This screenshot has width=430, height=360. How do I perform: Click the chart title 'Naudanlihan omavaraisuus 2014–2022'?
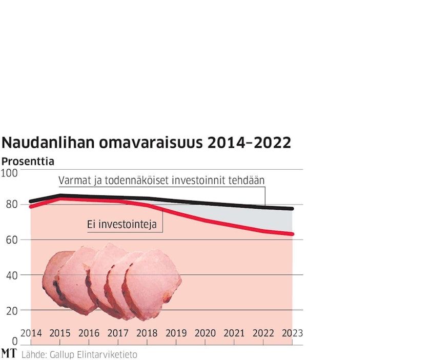click(x=147, y=143)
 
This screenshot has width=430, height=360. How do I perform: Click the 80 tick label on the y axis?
click(x=12, y=205)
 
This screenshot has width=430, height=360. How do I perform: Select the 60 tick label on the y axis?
click(x=12, y=240)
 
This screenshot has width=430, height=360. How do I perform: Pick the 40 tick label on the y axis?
click(x=12, y=275)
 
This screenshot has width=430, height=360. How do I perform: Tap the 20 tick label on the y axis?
click(x=12, y=310)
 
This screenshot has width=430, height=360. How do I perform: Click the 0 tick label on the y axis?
click(x=15, y=341)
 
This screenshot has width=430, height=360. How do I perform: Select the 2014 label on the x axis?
click(x=31, y=333)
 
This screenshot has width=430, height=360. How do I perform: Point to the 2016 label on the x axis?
click(x=89, y=333)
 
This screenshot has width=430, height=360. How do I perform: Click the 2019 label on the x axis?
click(x=176, y=333)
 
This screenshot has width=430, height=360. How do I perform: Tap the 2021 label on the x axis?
click(x=234, y=333)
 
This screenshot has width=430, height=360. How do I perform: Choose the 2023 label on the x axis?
click(x=292, y=333)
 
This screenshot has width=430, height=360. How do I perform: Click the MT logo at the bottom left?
click(x=8, y=353)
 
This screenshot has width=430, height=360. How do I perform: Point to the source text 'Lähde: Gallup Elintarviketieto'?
click(x=79, y=354)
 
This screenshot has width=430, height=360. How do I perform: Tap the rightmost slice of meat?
click(x=154, y=282)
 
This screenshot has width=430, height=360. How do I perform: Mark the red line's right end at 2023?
click(x=292, y=234)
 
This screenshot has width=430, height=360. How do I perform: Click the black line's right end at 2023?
click(x=292, y=209)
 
